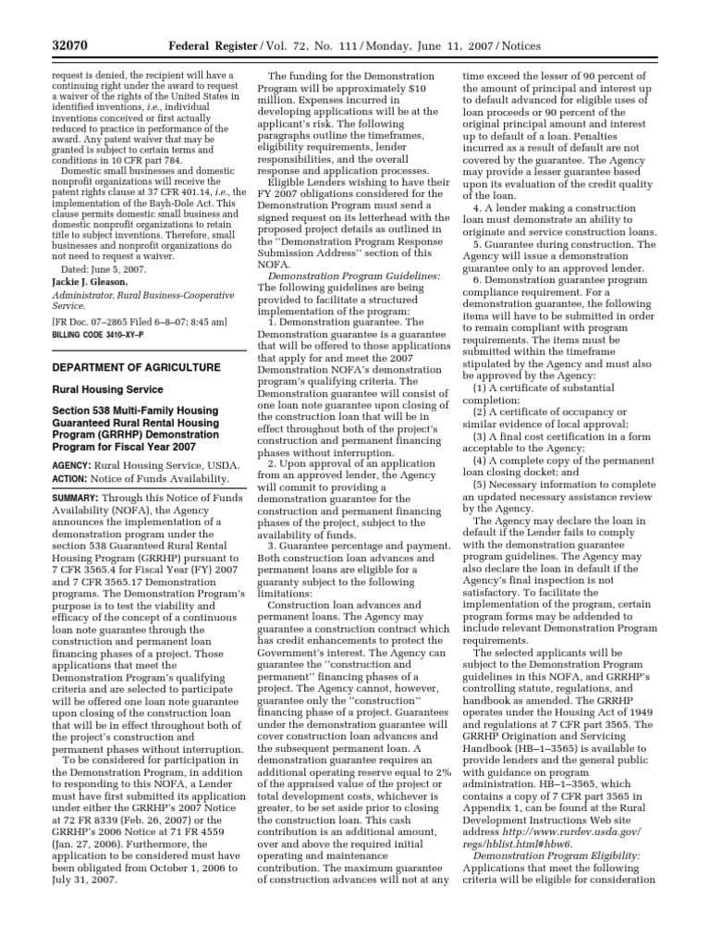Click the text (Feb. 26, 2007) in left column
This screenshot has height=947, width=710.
(x=145, y=845)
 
